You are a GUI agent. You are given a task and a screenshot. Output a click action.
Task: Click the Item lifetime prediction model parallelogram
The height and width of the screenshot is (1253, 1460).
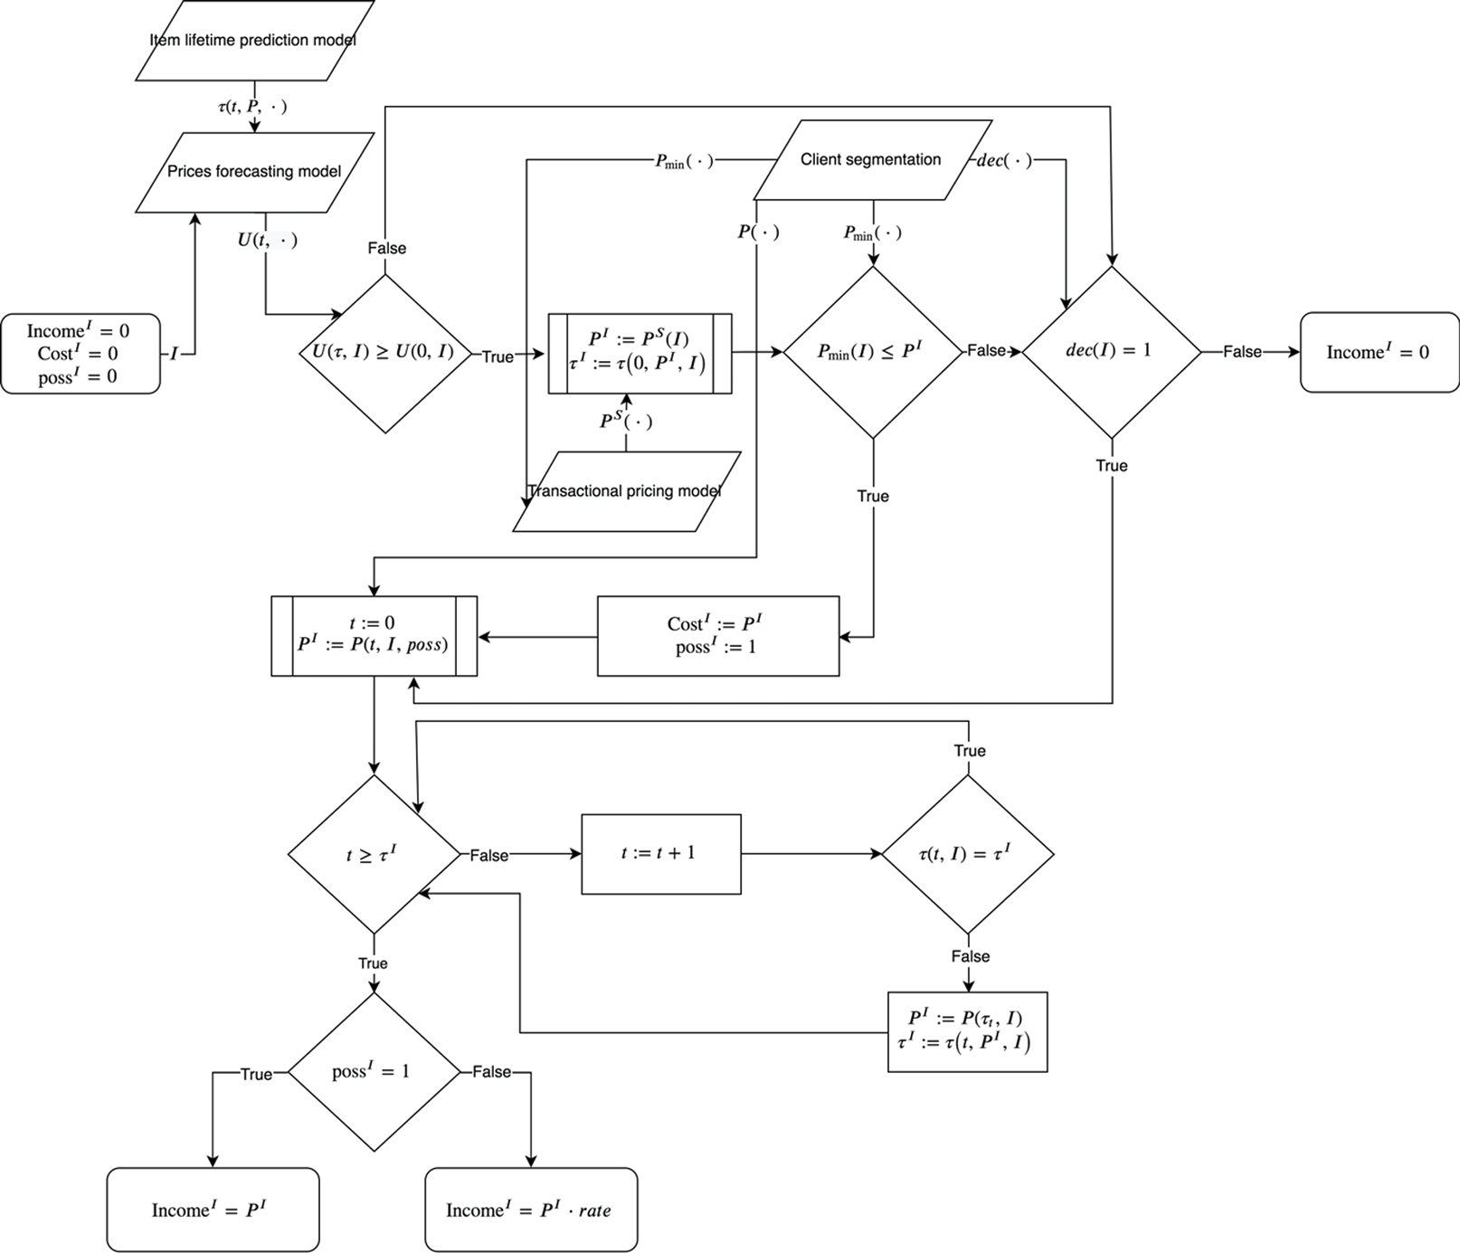[254, 41]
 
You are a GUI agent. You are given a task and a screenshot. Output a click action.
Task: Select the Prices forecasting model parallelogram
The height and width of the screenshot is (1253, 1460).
[254, 172]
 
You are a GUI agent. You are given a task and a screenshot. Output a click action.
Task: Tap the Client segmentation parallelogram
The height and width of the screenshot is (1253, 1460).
[870, 160]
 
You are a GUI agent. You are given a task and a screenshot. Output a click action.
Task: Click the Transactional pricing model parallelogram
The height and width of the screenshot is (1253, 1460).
[626, 491]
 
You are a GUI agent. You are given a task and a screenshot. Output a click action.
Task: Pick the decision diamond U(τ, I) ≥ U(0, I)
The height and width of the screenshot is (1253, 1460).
[385, 353]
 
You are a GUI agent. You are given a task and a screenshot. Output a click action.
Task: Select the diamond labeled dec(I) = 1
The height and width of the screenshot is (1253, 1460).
[1111, 351]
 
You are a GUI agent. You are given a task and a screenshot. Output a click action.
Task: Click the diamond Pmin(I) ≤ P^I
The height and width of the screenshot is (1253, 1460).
[872, 352]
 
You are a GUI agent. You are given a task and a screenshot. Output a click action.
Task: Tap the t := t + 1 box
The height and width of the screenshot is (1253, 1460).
[660, 853]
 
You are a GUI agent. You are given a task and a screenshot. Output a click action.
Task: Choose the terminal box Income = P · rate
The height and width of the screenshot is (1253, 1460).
[531, 1210]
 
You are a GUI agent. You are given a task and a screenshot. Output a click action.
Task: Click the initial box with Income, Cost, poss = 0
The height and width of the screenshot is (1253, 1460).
[80, 354]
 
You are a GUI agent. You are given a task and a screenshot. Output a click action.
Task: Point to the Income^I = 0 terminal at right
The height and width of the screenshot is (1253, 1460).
[1379, 352]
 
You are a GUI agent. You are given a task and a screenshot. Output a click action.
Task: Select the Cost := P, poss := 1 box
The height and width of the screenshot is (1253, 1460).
[717, 635]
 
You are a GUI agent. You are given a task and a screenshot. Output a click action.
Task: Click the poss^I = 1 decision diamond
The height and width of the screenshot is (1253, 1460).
[373, 1072]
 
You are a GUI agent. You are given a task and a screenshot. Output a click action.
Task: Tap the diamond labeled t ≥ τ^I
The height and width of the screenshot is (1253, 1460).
[373, 854]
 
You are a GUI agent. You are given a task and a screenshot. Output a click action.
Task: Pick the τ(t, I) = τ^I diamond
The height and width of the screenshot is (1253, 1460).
[967, 853]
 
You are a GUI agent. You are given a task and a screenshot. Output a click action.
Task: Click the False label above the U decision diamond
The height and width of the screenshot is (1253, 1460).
[386, 248]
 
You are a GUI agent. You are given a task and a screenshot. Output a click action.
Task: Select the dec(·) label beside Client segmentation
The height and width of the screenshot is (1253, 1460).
[1004, 161]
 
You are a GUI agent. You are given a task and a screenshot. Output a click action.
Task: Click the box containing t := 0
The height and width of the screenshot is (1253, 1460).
[374, 635]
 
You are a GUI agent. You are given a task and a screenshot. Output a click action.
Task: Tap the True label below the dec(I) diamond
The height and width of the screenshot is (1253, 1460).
[1111, 465]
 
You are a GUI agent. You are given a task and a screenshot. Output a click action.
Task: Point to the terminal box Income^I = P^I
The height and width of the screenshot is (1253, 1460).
[213, 1210]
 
